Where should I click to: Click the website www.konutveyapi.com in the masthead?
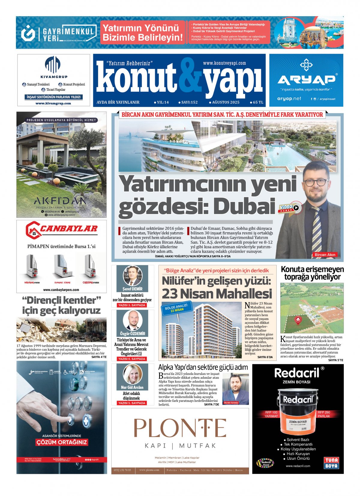pos(224,63)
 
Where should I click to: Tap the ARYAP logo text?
pos(306,80)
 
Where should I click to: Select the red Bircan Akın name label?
pos(325,254)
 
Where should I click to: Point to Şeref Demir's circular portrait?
pos(132,275)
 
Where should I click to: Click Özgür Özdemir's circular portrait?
pos(132,320)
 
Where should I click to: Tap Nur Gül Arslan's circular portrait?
pos(132,374)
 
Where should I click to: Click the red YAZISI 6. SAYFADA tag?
pos(132,359)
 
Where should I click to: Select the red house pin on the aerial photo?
pos(298,320)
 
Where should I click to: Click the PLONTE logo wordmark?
pos(180,428)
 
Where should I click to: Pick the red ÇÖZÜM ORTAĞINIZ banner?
pos(61,442)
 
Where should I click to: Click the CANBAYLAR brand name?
pos(68,229)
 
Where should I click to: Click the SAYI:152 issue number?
pos(189,102)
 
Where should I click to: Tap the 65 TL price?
pos(257,102)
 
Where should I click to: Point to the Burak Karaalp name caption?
pos(231,402)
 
